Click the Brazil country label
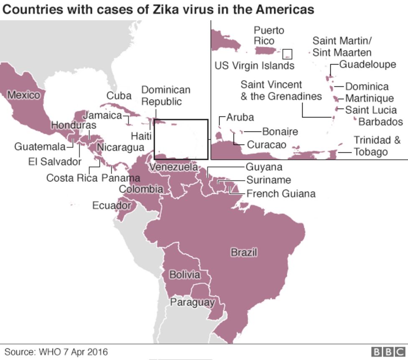244,253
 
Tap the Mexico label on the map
24,95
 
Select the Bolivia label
184,275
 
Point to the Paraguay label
193,302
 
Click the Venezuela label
173,167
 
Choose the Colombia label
141,189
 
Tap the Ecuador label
112,206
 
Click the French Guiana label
280,194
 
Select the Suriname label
268,180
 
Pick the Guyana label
264,167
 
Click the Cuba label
119,95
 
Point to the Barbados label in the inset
380,122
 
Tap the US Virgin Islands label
254,66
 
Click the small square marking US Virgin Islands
287,54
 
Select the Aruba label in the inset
240,117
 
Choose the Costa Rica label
71,178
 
